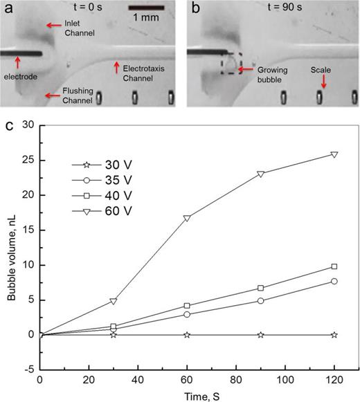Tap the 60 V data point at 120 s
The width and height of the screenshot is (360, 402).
point(334,154)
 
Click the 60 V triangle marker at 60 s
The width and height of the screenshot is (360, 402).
point(187,218)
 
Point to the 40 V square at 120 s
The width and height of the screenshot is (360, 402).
point(334,266)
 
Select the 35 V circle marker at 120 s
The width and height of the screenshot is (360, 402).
point(334,281)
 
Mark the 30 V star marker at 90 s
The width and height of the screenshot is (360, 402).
point(260,334)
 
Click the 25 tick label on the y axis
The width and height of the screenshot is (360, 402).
point(28,160)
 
